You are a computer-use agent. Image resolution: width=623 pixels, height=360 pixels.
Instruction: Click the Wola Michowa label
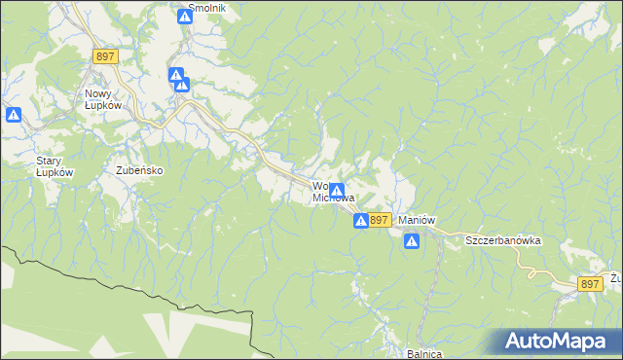(325, 191)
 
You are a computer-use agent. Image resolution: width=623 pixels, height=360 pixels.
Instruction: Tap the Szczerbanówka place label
(501, 239)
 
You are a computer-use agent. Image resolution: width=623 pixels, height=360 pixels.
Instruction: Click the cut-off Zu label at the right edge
(615, 277)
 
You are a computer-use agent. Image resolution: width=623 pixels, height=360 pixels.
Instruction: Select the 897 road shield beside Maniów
(380, 221)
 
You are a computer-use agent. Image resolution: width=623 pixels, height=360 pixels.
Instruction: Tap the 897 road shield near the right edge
(589, 283)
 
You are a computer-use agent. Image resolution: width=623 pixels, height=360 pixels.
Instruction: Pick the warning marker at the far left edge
(14, 115)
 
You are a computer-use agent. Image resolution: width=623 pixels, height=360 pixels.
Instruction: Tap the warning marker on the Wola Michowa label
(337, 191)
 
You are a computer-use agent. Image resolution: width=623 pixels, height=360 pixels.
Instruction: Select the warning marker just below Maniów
(412, 240)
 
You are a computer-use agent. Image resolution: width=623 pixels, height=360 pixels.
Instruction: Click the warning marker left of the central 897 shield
(361, 222)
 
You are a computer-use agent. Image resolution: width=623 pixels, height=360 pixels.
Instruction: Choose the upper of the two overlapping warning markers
(176, 75)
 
